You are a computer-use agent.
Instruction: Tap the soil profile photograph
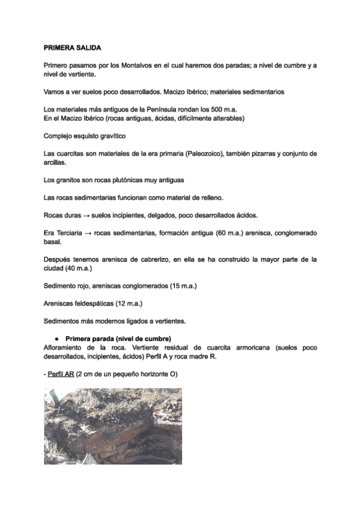[113, 426]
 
